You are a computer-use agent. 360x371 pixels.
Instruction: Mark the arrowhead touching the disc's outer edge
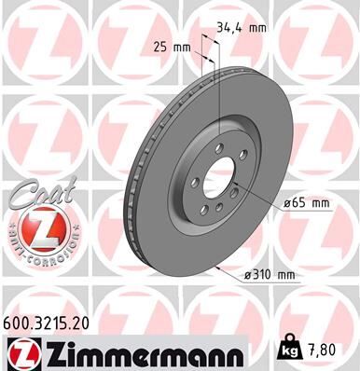[218, 267]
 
